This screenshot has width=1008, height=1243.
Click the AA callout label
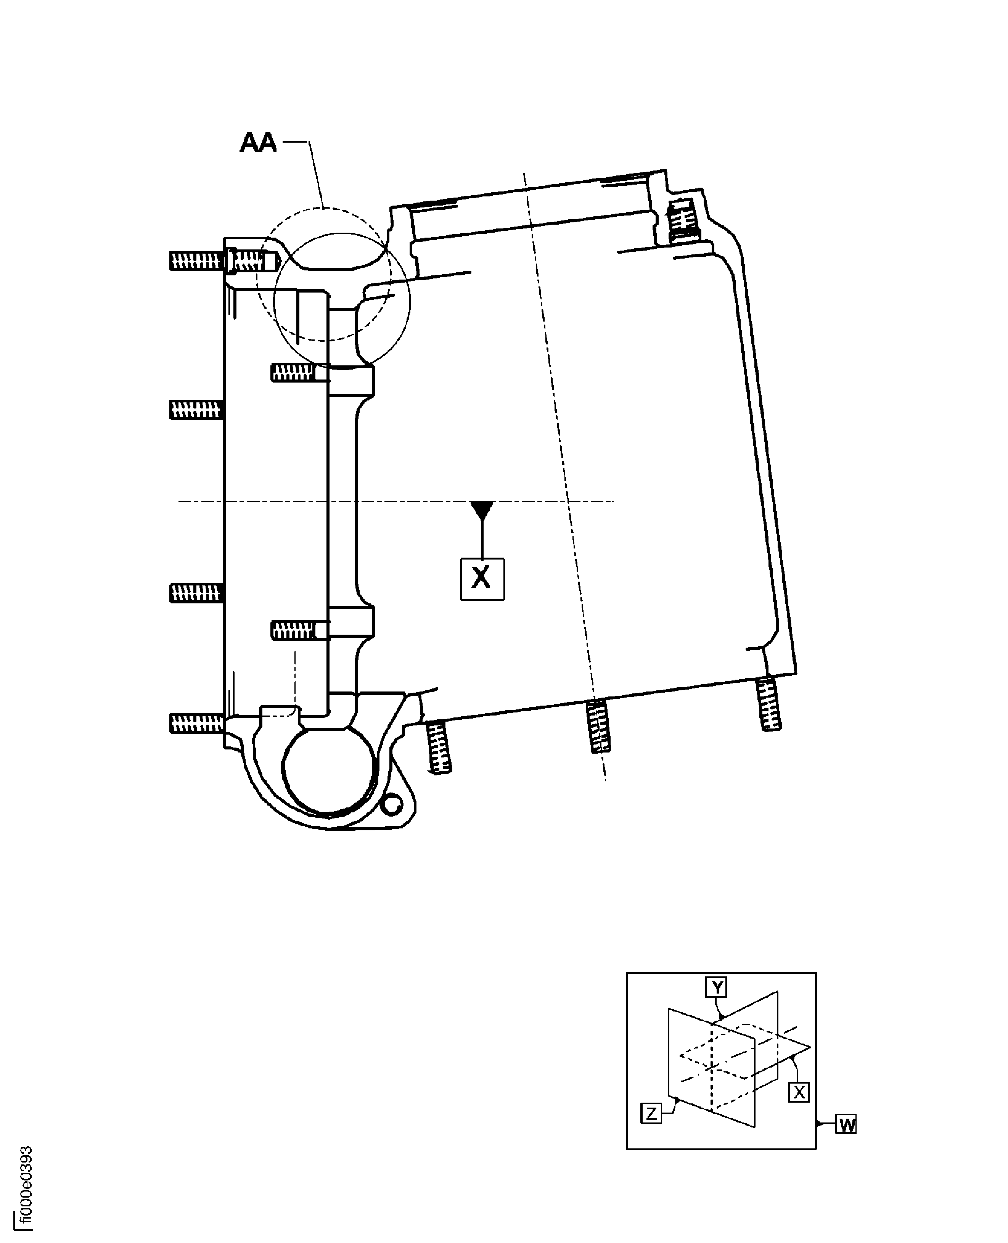[258, 142]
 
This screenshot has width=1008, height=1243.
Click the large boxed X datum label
[482, 579]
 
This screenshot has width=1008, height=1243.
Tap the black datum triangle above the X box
[482, 509]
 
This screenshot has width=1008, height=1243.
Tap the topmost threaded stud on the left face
[196, 260]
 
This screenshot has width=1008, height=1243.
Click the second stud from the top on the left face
[196, 410]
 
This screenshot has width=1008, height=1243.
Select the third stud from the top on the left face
[196, 593]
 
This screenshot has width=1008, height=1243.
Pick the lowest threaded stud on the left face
[196, 724]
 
